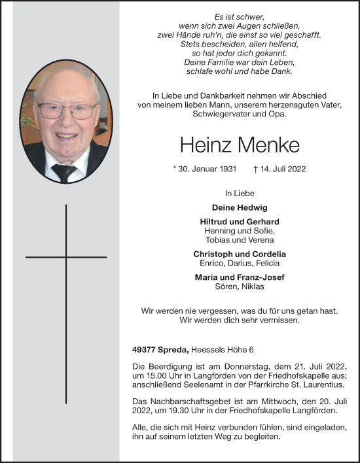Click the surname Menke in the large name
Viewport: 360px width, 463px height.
(x=267, y=146)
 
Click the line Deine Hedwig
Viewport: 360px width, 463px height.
(x=239, y=208)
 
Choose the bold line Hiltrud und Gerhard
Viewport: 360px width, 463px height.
(x=239, y=222)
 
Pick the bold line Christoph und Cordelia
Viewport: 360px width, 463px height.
(x=239, y=254)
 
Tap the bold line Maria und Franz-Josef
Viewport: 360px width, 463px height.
(x=239, y=277)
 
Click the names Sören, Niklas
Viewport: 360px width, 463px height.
(x=239, y=286)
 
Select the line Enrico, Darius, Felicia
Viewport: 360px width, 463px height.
(x=239, y=263)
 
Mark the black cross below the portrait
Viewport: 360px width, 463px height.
(x=66, y=258)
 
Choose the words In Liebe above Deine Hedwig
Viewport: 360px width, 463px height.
(x=239, y=194)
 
